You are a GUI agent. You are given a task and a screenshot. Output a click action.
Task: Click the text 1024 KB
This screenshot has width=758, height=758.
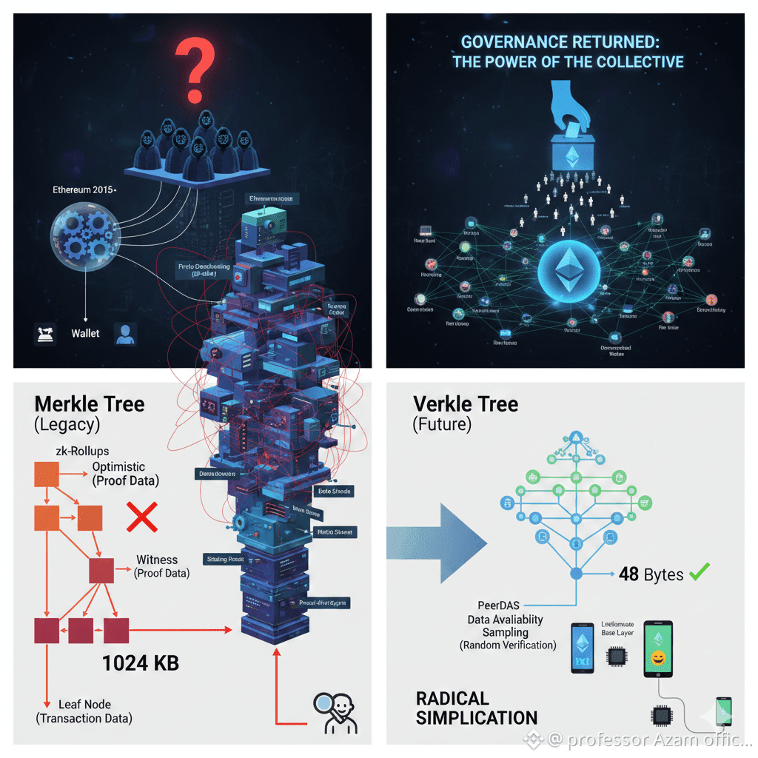coord(141,662)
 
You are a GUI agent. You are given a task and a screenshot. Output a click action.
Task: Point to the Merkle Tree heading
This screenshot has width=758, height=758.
coord(90,404)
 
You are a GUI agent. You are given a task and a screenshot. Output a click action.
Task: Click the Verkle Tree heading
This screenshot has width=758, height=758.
coord(466,404)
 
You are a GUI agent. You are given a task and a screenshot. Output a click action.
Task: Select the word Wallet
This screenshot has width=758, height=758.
coord(85,333)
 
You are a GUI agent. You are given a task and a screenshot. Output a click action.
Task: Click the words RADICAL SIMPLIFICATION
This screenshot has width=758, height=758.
coord(476,708)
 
